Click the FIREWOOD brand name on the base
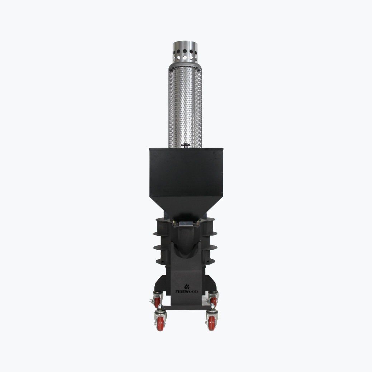pos(187,291)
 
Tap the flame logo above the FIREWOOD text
pos(187,286)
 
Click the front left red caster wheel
pos(161,324)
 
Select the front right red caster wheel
pos(211,323)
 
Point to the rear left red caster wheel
pos(157,302)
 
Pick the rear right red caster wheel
pos(213,301)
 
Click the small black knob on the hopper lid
pos(186,145)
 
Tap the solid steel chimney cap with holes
pos(185,52)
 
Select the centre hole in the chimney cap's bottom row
pos(185,58)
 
